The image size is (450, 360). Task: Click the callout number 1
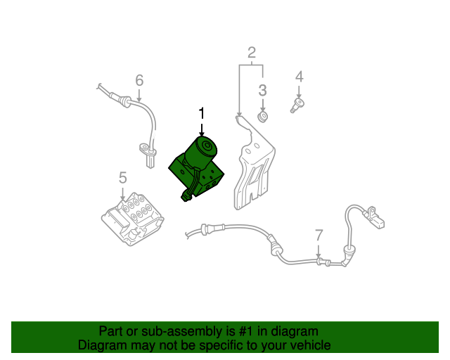point(202,113)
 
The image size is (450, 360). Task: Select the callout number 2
point(251,51)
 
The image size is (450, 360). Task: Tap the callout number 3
point(262,90)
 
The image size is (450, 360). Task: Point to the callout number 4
point(299,76)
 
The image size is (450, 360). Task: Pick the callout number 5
point(122,177)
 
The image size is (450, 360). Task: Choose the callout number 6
point(139,79)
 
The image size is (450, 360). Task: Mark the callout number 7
point(319,235)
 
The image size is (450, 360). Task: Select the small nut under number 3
point(263,115)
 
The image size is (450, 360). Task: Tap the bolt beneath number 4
point(297,105)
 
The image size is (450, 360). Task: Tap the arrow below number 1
point(202,129)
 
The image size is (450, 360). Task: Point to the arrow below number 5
point(123,194)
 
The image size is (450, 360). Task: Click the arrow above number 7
point(319,252)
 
